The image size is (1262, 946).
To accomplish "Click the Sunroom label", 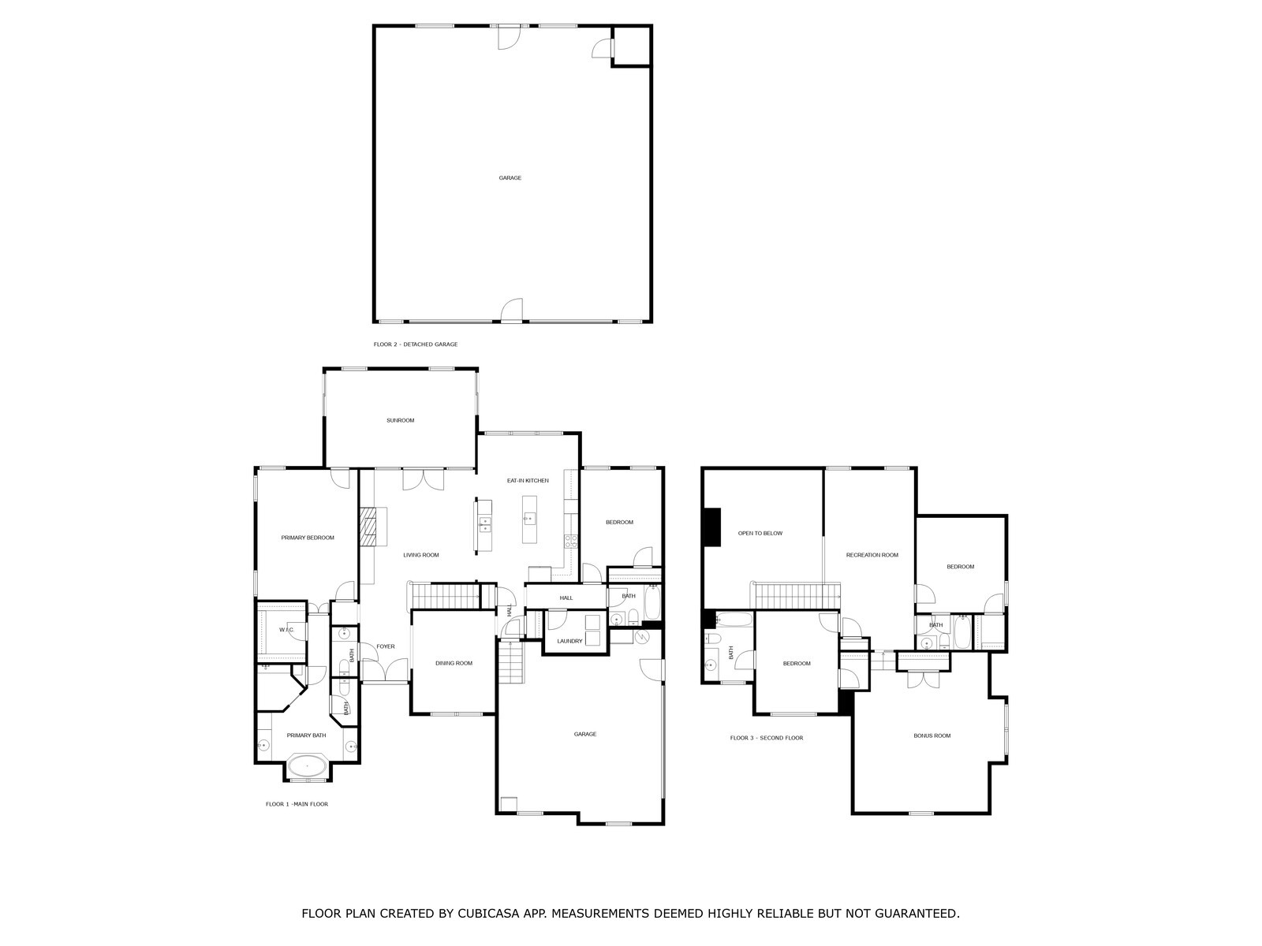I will pyautogui.click(x=400, y=420).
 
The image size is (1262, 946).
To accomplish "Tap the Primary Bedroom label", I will pyautogui.click(x=308, y=538).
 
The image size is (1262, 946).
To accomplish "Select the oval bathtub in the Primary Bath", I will pyautogui.click(x=307, y=765).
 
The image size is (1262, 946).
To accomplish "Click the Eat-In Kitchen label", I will pyautogui.click(x=528, y=480).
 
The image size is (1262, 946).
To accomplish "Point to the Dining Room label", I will pyautogui.click(x=454, y=663).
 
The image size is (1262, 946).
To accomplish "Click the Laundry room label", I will pyautogui.click(x=569, y=641).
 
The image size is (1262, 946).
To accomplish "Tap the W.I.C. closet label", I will pyautogui.click(x=286, y=630).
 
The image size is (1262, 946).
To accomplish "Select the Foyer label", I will pyautogui.click(x=385, y=646).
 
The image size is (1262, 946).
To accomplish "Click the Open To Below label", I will pyautogui.click(x=760, y=533).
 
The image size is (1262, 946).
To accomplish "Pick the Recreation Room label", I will pyautogui.click(x=872, y=555).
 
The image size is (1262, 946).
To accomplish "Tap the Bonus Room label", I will pyautogui.click(x=932, y=736).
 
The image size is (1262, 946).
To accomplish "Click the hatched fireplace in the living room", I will pyautogui.click(x=368, y=526).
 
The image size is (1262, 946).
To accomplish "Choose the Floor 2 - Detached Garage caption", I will pyautogui.click(x=416, y=345).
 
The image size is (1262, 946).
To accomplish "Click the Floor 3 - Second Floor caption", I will pyautogui.click(x=766, y=738).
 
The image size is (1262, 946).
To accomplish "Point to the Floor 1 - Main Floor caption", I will pyautogui.click(x=297, y=804).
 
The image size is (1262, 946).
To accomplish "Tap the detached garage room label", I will pyautogui.click(x=510, y=178).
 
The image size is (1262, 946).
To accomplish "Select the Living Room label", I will pyautogui.click(x=420, y=555).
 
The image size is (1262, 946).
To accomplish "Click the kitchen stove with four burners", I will pyautogui.click(x=569, y=541).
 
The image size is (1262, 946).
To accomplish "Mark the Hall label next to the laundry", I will pyautogui.click(x=566, y=598).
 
